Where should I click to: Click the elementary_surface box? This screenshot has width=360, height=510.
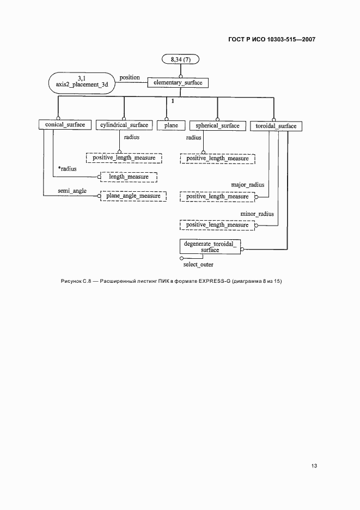(178, 83)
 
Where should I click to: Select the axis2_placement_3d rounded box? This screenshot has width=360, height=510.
(82, 81)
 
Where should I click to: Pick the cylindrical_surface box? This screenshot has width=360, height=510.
(124, 125)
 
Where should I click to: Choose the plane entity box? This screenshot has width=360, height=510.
(167, 125)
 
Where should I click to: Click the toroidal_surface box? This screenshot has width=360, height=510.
(276, 126)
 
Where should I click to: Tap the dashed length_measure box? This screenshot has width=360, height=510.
(129, 177)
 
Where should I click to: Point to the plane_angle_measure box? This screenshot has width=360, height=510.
(133, 196)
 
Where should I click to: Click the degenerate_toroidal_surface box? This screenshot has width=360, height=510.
(210, 246)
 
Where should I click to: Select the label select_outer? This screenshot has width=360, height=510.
(198, 264)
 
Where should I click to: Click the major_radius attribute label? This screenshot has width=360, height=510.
(248, 185)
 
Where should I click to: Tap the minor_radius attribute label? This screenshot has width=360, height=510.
(257, 214)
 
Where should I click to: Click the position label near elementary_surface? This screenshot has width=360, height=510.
(130, 77)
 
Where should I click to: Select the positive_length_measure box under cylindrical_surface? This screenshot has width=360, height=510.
(124, 158)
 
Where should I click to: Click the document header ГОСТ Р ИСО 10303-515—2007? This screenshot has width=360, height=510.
(270, 39)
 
